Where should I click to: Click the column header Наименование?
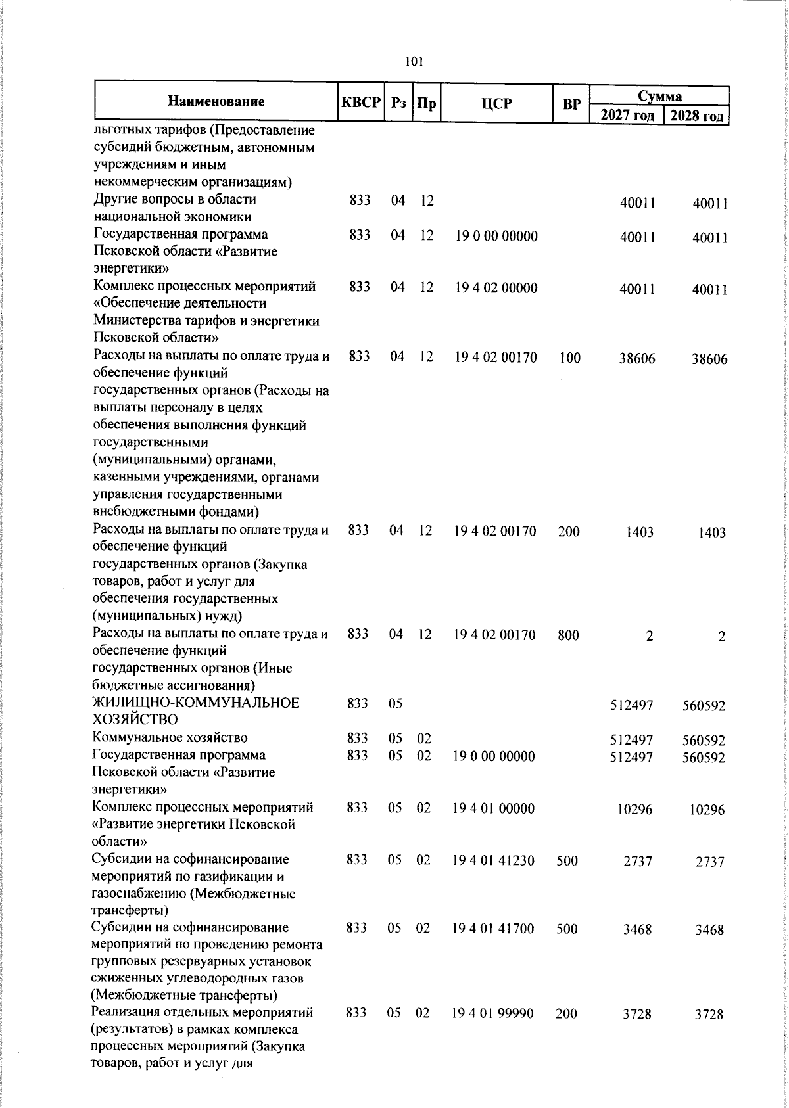pyautogui.click(x=216, y=102)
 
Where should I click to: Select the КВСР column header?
pyautogui.click(x=360, y=103)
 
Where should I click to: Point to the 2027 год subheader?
pyautogui.click(x=627, y=116)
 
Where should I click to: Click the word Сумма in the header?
pyautogui.click(x=659, y=96)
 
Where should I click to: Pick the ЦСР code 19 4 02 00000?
pyautogui.click(x=496, y=287)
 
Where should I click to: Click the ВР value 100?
pyautogui.click(x=569, y=358)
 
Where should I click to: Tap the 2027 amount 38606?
pyautogui.click(x=636, y=359)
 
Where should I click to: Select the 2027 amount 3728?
pyautogui.click(x=637, y=1032)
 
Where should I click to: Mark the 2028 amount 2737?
pyautogui.click(x=710, y=862)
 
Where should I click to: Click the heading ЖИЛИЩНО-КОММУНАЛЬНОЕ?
pyautogui.click(x=196, y=703)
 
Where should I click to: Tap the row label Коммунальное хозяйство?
pyautogui.click(x=170, y=738)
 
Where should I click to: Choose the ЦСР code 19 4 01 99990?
pyautogui.click(x=493, y=1032)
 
